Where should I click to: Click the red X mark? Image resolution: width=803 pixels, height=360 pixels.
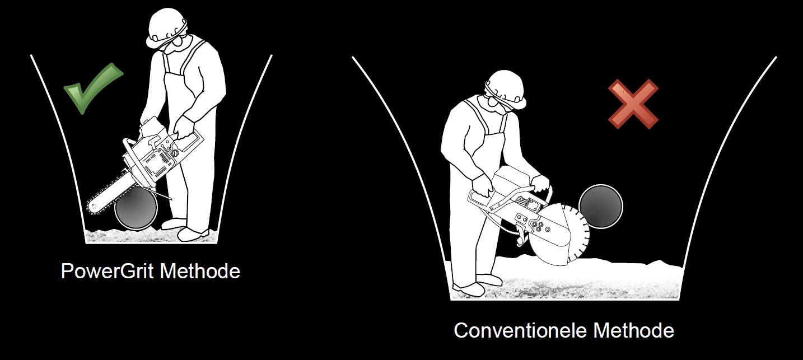(633, 104)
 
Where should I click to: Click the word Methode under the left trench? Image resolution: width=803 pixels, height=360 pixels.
(200, 271)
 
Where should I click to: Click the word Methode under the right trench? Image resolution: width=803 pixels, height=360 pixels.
(634, 330)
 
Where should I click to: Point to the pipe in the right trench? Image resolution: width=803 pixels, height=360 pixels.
(601, 207)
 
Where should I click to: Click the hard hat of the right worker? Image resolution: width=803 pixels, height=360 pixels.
(506, 88)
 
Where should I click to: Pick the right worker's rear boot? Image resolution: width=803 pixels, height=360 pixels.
(468, 289)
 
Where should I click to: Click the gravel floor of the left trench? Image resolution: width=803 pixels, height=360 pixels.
(151, 236)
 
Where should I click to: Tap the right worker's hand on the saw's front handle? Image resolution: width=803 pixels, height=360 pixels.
(539, 184)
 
